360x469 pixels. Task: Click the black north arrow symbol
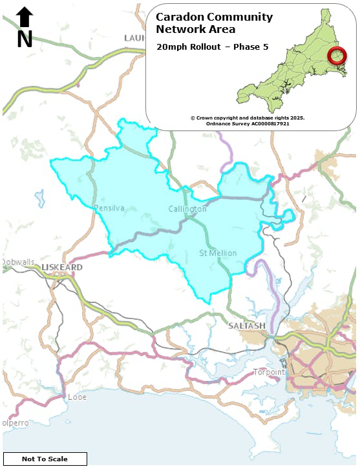[x=25, y=17]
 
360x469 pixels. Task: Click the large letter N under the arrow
[x=25, y=39]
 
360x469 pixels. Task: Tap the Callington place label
[x=187, y=209]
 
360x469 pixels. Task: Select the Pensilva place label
[x=109, y=208]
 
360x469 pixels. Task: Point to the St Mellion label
[x=218, y=253]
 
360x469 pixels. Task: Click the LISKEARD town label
[x=61, y=267]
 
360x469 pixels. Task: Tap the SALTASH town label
[x=247, y=326]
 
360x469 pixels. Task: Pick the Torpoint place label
[x=268, y=372]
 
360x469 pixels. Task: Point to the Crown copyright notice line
[x=248, y=118]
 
